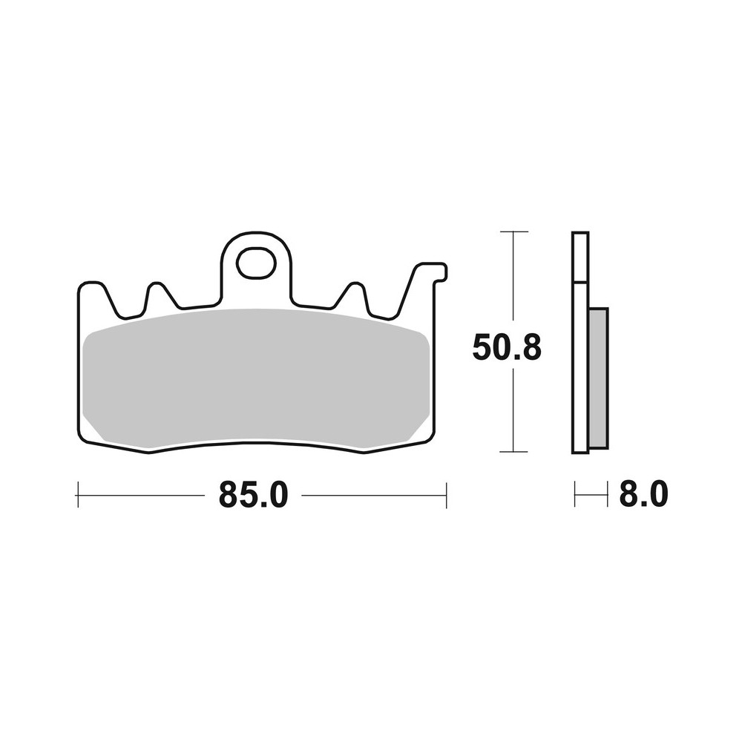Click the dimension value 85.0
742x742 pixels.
click(x=252, y=495)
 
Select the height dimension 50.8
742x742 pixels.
click(x=507, y=347)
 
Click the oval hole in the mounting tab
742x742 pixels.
click(x=256, y=264)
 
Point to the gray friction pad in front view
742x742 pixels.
click(x=256, y=378)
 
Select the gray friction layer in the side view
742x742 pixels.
click(x=598, y=378)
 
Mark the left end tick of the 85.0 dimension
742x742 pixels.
click(x=78, y=495)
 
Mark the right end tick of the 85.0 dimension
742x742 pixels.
click(x=446, y=495)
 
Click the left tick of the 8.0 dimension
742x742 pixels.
click(x=575, y=495)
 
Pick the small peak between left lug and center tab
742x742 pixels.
click(x=157, y=289)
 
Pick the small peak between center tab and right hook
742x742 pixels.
click(x=354, y=290)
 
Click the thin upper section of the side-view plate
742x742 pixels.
click(x=580, y=257)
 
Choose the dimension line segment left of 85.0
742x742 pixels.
click(x=141, y=495)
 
